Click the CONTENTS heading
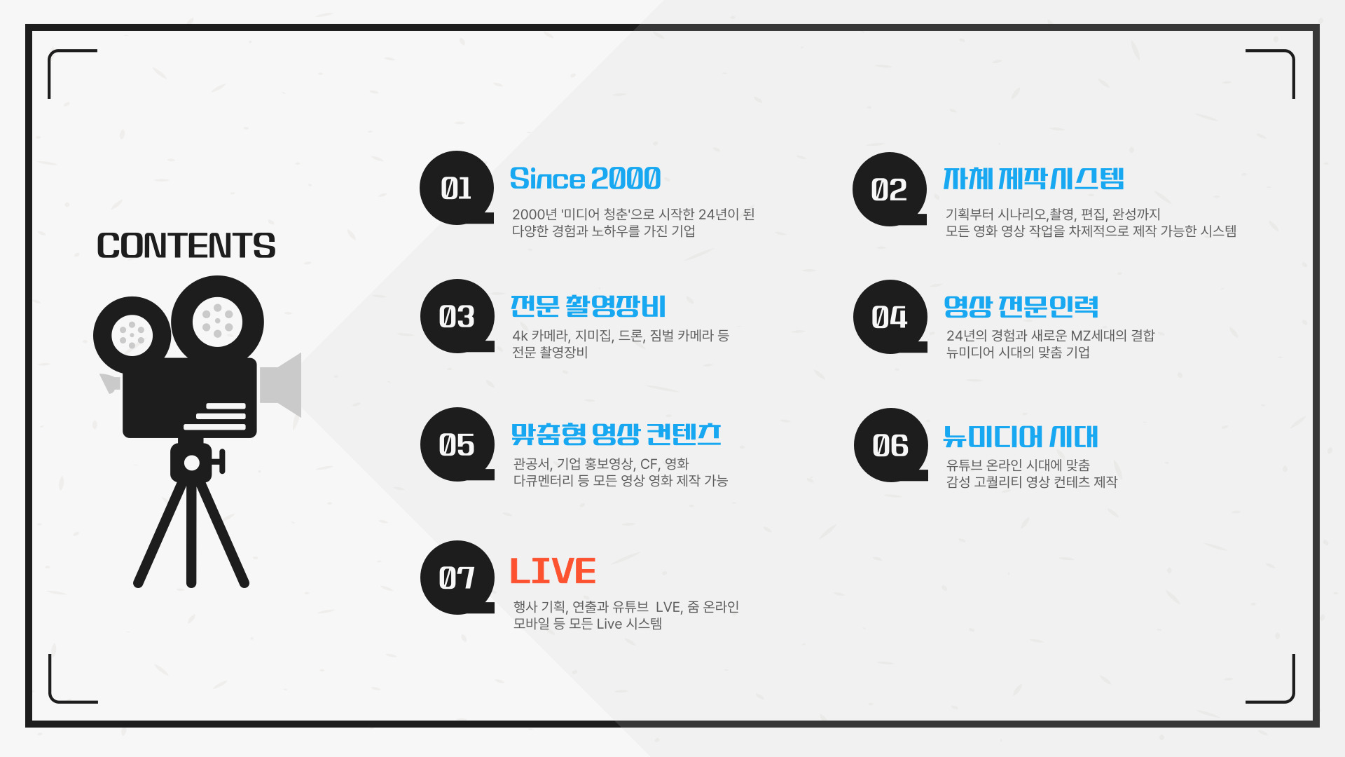coord(186,246)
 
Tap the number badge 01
coord(457,188)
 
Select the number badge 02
coord(890,189)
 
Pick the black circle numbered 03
coord(457,316)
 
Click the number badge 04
coord(890,317)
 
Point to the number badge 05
coord(457,444)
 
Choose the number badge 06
coord(891,445)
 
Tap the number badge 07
coord(457,578)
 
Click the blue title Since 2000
coord(585,179)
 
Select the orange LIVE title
coord(553,571)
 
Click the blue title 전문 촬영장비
coord(588,306)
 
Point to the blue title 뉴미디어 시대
coord(1021,436)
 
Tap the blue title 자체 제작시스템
coord(1033,179)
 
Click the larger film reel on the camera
coord(217,322)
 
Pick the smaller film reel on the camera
coord(132,335)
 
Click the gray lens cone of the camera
coord(281,385)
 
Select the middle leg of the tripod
coord(191,533)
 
